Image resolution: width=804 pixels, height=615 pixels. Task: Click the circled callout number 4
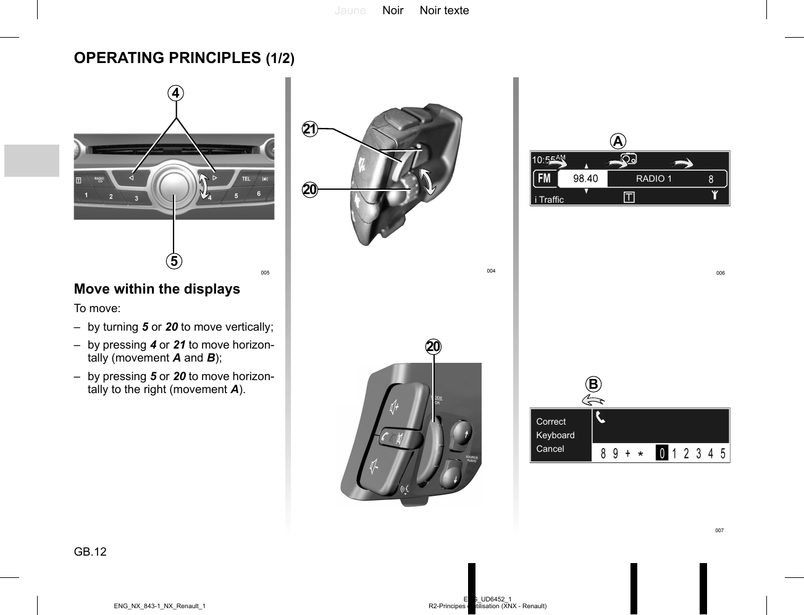(176, 93)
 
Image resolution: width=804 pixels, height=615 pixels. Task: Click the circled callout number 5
(174, 261)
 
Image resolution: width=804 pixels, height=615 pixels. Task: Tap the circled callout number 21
(310, 129)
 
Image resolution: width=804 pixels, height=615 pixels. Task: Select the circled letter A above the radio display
(618, 142)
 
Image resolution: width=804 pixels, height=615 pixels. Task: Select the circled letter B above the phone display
(593, 384)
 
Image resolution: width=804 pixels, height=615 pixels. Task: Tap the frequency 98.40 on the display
(585, 179)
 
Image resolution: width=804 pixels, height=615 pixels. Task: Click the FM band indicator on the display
(544, 179)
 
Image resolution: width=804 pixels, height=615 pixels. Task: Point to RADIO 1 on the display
(653, 179)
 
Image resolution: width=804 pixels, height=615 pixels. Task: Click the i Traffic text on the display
(549, 200)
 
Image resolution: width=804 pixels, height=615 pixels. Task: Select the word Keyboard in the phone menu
(555, 435)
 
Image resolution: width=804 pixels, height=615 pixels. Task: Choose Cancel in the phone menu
(550, 449)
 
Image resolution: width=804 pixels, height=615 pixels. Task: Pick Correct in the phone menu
(551, 422)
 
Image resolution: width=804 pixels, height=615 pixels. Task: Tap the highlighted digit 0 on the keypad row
(661, 454)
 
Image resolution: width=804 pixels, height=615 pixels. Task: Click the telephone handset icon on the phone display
(600, 418)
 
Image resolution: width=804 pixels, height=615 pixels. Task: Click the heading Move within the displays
(157, 289)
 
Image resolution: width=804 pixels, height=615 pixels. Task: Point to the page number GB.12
(90, 552)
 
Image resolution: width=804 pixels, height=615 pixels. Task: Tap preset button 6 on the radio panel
(259, 194)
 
